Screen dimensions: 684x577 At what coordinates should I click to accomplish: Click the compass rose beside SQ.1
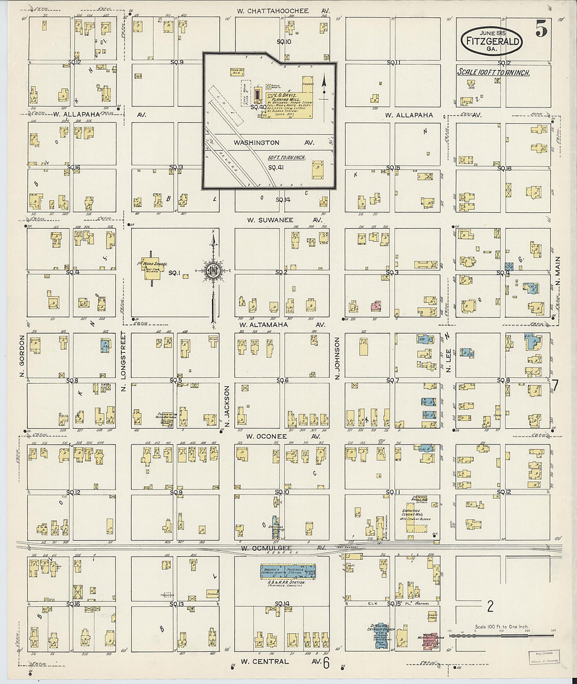pyautogui.click(x=213, y=271)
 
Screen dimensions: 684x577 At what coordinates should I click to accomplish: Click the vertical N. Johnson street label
pyautogui.click(x=337, y=358)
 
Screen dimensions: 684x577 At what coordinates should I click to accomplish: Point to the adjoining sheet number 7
pyautogui.click(x=555, y=386)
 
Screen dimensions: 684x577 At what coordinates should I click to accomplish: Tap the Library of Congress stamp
pyautogui.click(x=544, y=657)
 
